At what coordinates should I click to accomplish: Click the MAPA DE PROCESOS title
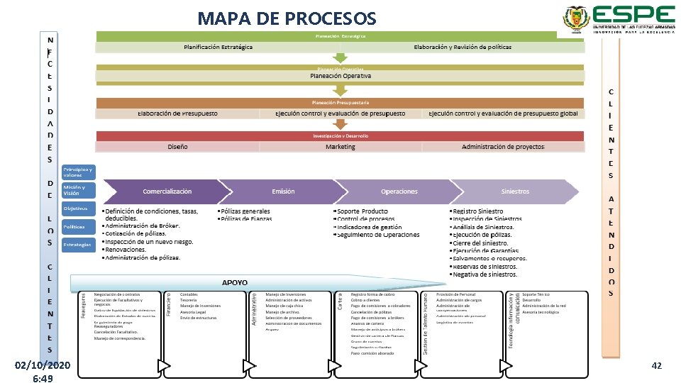coord(288,17)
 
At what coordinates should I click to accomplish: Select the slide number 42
coord(656,365)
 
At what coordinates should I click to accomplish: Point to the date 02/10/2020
coord(43,365)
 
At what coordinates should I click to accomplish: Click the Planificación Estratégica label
coord(218,47)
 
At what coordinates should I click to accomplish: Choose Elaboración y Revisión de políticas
coord(462,47)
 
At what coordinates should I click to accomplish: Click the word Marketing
coord(340,147)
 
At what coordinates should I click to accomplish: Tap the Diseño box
coord(177,147)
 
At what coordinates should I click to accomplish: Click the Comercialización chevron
coord(167,191)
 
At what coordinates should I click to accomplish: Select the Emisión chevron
coord(283,191)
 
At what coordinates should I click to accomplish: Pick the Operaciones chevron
coord(399,191)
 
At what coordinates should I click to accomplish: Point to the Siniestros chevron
coord(515,191)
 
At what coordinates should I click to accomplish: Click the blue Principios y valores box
coord(78,172)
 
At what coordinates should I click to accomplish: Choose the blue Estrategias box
coord(78,245)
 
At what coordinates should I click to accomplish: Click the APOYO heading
coord(235,282)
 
